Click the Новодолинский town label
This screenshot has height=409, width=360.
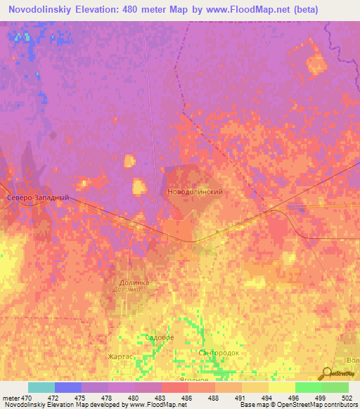point(196,192)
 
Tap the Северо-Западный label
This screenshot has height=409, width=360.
point(38,199)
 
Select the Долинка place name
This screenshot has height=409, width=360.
point(133,283)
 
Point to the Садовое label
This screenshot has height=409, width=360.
point(159,338)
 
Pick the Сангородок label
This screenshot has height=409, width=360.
point(219,352)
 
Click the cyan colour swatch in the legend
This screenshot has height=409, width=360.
point(41,387)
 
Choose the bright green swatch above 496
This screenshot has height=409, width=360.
point(308,387)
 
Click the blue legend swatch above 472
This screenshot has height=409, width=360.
point(68,387)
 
